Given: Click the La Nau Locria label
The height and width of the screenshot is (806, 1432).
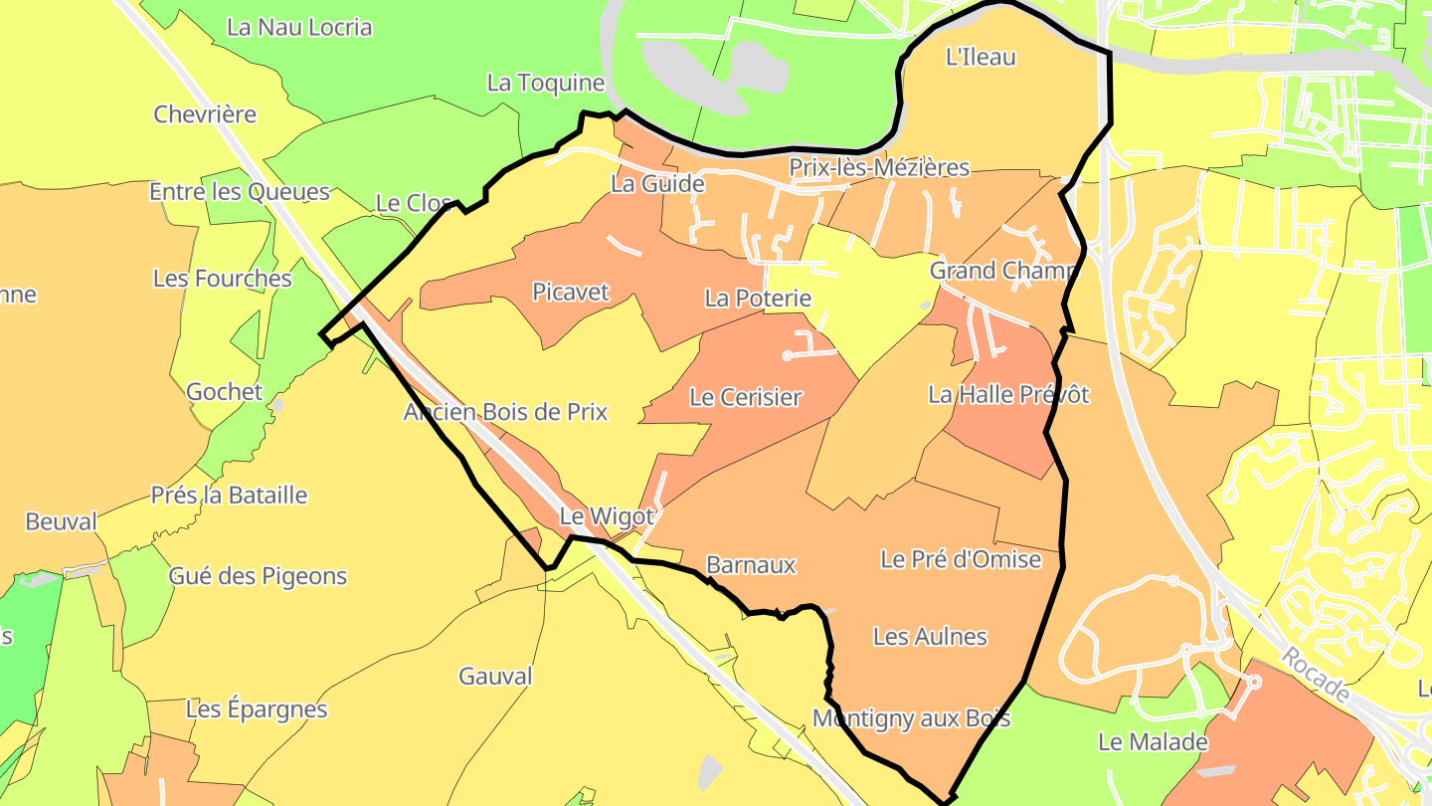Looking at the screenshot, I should (x=299, y=27).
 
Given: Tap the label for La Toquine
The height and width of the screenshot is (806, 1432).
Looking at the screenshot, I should (x=546, y=83).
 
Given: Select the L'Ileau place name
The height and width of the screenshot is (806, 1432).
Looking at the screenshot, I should (x=981, y=57).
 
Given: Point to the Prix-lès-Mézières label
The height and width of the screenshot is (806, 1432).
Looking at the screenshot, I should (x=879, y=167).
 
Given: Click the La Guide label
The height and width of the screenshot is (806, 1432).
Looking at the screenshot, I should (x=657, y=184).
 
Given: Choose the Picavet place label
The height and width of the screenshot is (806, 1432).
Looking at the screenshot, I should (x=571, y=292).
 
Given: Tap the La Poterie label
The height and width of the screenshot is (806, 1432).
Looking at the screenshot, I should (x=758, y=298).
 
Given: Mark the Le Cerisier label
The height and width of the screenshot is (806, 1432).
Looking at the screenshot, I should (x=745, y=397).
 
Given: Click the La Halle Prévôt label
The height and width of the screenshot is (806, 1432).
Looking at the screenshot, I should (x=1008, y=394).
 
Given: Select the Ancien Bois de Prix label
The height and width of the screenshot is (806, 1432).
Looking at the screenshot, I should (x=505, y=412).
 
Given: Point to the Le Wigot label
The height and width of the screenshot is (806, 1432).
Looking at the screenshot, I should (x=607, y=516).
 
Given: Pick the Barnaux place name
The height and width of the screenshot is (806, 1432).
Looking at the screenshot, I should (x=751, y=565).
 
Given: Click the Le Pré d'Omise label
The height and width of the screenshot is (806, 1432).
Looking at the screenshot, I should (x=961, y=559).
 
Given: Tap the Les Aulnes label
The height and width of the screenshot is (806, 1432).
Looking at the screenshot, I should (x=930, y=636).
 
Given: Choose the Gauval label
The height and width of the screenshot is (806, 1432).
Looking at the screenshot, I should (x=495, y=677).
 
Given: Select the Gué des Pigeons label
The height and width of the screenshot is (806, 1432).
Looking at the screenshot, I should (x=258, y=575).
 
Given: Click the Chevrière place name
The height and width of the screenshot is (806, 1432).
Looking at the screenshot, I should (x=205, y=114).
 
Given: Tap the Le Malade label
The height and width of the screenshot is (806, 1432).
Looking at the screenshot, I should (x=1153, y=742).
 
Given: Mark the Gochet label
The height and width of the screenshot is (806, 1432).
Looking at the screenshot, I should (x=225, y=392).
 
